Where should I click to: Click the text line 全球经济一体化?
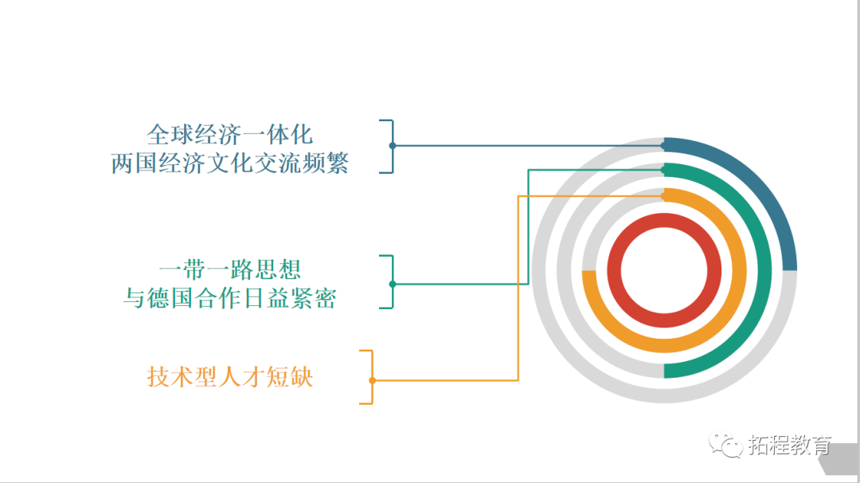[229, 133]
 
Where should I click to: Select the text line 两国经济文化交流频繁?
[230, 163]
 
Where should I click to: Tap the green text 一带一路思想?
[230, 269]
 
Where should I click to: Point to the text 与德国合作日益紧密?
[230, 299]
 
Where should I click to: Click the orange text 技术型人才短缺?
[230, 376]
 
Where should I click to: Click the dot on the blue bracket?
[393, 146]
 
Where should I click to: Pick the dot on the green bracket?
[393, 284]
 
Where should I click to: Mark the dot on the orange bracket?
[372, 380]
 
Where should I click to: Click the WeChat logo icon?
[725, 445]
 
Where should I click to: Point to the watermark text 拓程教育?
[790, 446]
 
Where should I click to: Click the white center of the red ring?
[670, 270]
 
